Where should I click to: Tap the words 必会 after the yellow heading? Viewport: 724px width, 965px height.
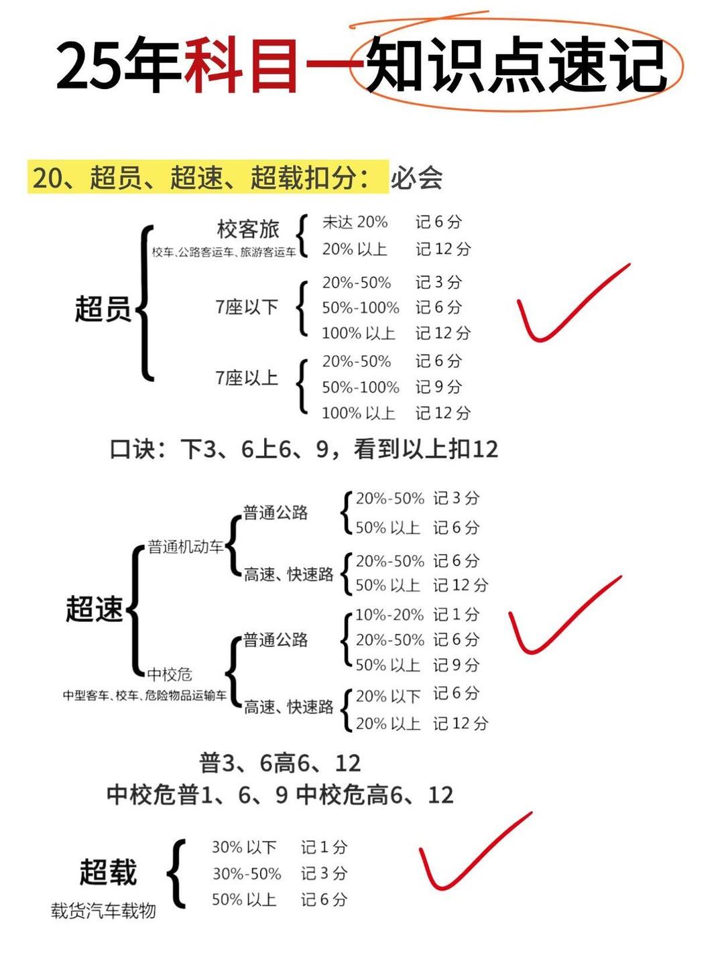[x=417, y=178]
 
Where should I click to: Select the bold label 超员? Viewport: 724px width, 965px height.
[x=103, y=310]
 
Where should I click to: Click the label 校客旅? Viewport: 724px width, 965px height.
[x=247, y=229]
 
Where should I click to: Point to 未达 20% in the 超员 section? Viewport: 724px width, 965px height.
[x=355, y=222]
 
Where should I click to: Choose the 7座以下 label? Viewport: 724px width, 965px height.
[x=247, y=307]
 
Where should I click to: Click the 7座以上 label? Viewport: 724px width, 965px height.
[x=247, y=378]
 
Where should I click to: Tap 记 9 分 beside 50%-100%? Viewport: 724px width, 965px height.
[x=438, y=387]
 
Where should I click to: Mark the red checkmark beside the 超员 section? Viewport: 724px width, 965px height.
[x=570, y=305]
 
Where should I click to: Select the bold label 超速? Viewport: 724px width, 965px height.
[x=95, y=610]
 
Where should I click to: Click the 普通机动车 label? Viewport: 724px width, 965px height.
[x=186, y=547]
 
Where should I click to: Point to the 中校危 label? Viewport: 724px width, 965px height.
[x=170, y=674]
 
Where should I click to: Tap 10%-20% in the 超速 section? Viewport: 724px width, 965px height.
[x=389, y=615]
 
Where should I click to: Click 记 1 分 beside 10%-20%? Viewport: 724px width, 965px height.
[x=456, y=615]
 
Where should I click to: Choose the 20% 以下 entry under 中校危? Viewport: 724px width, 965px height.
[x=388, y=696]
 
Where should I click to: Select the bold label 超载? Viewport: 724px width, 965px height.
[x=108, y=873]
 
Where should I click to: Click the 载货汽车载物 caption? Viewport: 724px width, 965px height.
[x=104, y=911]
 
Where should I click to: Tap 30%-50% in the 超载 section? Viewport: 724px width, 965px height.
[x=247, y=873]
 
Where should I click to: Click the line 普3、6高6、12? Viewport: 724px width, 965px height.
[x=280, y=763]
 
